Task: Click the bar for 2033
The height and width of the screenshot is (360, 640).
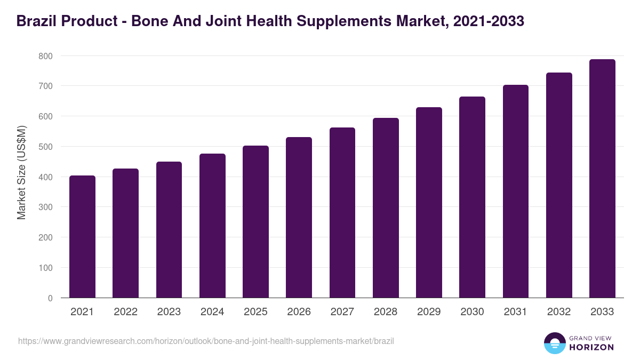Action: [x=602, y=179]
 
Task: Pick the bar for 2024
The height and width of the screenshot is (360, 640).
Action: [x=212, y=226]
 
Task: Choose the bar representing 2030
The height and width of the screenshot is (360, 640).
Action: [x=472, y=197]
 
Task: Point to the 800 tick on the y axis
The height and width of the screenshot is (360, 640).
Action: [x=45, y=56]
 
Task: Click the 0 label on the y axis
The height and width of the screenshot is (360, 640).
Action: [x=50, y=298]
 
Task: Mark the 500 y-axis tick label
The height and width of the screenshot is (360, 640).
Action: [x=45, y=147]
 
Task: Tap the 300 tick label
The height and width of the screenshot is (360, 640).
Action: [x=45, y=207]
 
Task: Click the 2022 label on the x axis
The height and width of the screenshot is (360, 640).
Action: [x=125, y=312]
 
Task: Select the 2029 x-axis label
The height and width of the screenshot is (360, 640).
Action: [x=429, y=312]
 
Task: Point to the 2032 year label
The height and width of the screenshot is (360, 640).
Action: [x=559, y=312]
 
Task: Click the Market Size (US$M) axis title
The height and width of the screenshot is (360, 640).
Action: [x=21, y=172]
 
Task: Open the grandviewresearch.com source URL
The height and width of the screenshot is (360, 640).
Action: [x=206, y=341]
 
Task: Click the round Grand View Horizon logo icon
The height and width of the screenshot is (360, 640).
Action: [x=554, y=343]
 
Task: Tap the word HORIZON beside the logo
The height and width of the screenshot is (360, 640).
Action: [x=591, y=347]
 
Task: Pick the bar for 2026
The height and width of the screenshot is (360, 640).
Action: [x=299, y=218]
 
